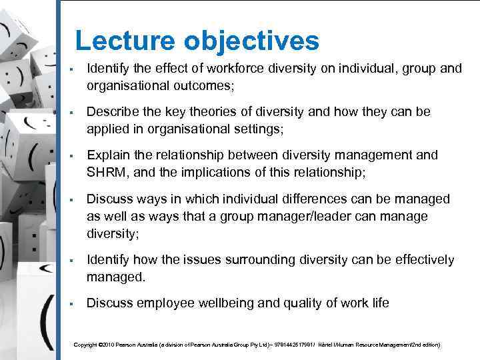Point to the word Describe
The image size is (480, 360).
point(111,112)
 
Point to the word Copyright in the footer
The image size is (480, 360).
point(85,345)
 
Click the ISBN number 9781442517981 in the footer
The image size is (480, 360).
point(284,345)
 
